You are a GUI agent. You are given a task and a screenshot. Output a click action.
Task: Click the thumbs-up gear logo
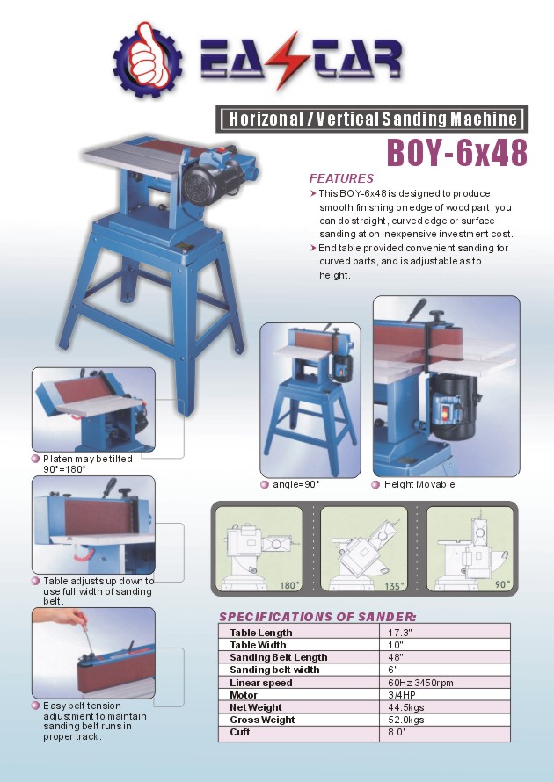[x=147, y=59]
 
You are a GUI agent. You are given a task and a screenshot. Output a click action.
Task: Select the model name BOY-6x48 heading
[x=456, y=152]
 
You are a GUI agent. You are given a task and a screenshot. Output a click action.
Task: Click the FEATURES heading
[x=341, y=178]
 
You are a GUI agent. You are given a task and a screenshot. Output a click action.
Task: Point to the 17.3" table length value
[x=400, y=633]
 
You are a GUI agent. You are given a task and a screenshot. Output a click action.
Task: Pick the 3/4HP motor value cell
[x=402, y=694]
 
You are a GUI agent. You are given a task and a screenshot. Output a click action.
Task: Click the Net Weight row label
[x=255, y=707]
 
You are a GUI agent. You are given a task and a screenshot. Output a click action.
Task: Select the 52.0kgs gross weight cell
[x=406, y=720]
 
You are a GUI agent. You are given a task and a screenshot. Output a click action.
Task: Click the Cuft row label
[x=240, y=732]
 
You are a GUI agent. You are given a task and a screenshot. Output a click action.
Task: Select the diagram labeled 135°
[x=364, y=548]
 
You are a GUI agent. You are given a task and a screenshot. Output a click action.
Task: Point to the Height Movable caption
[x=419, y=484]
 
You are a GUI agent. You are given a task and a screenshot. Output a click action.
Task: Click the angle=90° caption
[x=295, y=484]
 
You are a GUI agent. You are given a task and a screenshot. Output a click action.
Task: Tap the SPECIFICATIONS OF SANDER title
[x=317, y=616]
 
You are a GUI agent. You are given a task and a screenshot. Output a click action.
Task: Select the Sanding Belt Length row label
[x=278, y=657]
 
